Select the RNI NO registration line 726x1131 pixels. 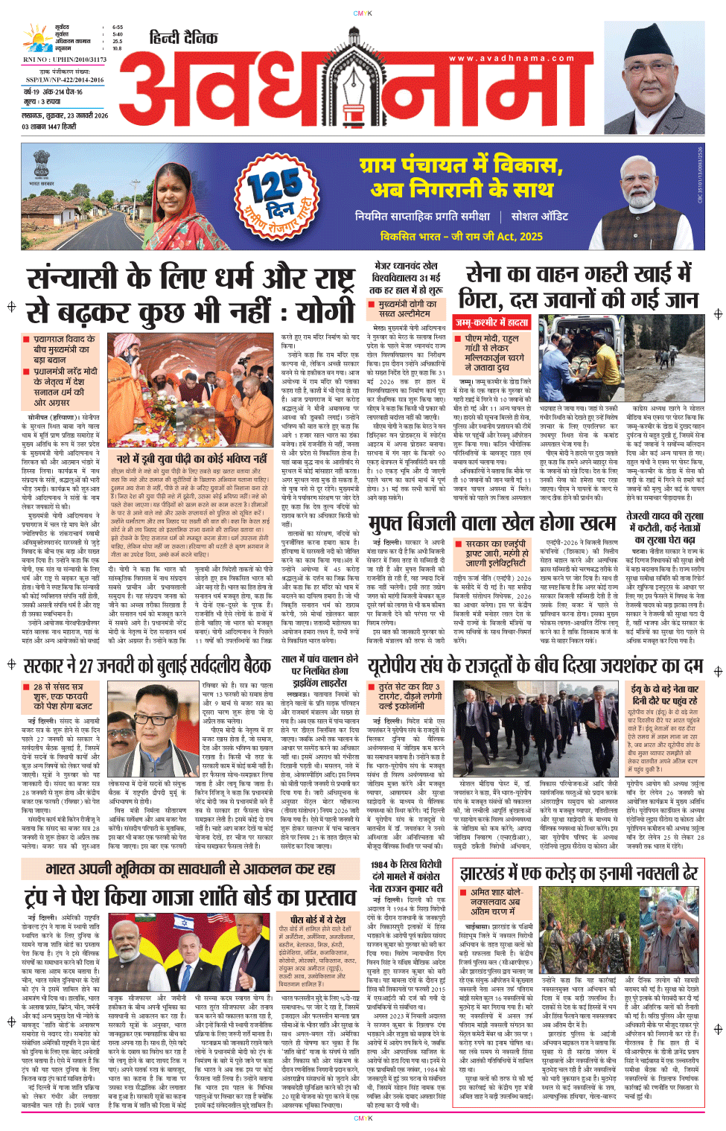[x=65, y=60]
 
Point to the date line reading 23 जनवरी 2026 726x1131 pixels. [x=65, y=116]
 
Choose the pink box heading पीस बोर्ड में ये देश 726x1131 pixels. [x=317, y=920]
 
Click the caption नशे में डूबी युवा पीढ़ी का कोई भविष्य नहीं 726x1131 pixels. [x=191, y=459]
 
